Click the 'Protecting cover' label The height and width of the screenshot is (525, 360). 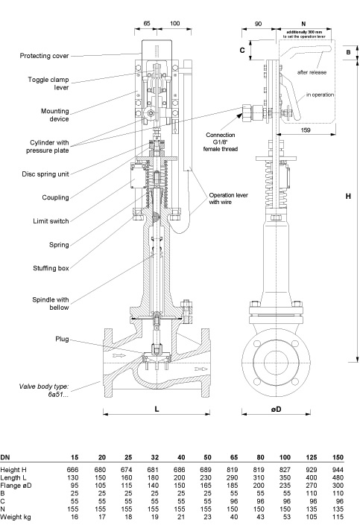point(44,56)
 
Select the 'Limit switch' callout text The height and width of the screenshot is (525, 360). point(51,221)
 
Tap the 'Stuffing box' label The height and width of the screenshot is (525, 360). point(51,268)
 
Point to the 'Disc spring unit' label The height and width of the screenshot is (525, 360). point(45,174)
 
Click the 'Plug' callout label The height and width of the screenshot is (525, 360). point(62,339)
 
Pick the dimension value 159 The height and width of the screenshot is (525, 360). point(306,130)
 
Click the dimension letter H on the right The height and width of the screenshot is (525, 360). point(348,196)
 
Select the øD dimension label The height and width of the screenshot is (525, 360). point(276,409)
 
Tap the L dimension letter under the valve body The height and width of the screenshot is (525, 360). point(157,409)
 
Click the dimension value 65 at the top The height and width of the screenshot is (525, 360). point(147,23)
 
